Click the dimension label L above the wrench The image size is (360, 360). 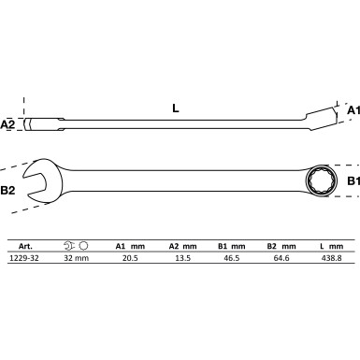[x=176, y=108]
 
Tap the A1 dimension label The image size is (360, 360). [x=353, y=110]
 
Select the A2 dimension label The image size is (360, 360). [x=7, y=124]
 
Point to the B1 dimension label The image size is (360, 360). [x=353, y=180]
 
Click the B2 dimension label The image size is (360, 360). [x=7, y=190]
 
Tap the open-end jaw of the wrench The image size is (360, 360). [x=42, y=180]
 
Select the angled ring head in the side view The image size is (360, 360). [x=321, y=119]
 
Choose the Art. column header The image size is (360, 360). [x=25, y=246]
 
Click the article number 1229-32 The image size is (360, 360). [x=24, y=258]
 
